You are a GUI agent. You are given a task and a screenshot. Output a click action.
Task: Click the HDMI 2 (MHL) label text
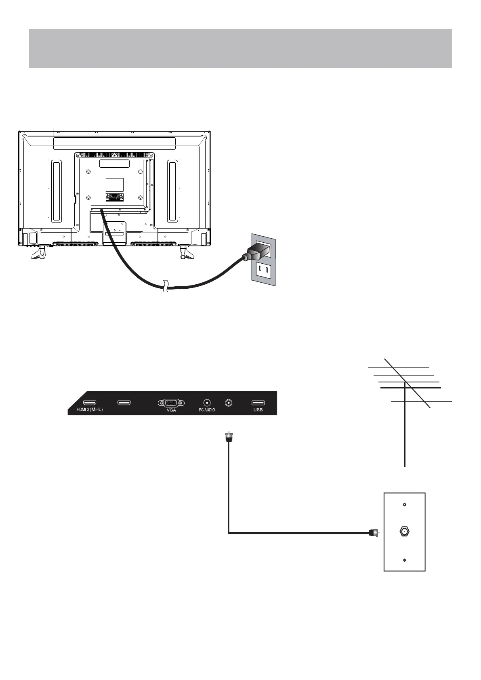coord(87,410)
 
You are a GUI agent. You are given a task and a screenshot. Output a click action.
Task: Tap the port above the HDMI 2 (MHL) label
coord(89,403)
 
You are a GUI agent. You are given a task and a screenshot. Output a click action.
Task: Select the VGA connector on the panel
coord(171,403)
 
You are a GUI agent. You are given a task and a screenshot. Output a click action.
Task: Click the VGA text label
coord(171,410)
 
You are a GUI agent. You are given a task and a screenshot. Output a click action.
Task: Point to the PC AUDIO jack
coord(207,403)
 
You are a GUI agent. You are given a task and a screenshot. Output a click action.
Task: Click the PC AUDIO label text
coord(207,410)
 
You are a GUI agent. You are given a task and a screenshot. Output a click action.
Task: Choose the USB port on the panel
coord(258,403)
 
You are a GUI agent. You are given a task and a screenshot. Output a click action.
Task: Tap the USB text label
coord(258,410)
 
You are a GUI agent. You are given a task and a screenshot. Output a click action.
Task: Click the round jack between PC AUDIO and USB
coord(229,403)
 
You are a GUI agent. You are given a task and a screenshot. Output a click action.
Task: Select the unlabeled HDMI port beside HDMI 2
coord(124,403)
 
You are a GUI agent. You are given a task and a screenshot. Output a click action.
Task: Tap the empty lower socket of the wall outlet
coord(264,269)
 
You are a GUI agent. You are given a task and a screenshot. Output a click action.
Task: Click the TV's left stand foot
coord(39,253)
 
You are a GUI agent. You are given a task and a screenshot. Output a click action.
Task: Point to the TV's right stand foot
coord(186,253)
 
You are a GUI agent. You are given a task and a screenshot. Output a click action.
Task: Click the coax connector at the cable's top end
coord(229,437)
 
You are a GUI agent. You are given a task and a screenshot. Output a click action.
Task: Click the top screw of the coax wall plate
coord(404,505)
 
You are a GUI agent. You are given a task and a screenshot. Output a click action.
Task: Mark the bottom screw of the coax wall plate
coord(404,560)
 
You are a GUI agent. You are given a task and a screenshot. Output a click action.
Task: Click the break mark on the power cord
coord(165,286)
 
